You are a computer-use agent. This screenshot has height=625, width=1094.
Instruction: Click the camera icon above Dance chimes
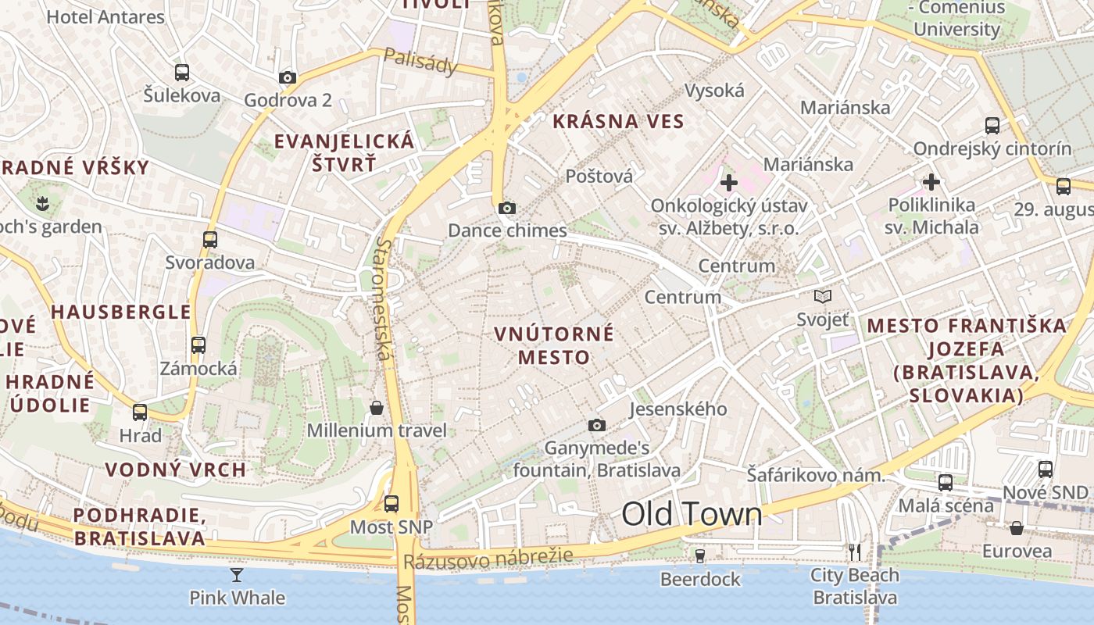point(507,208)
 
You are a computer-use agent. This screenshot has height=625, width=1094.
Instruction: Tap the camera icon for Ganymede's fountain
point(597,425)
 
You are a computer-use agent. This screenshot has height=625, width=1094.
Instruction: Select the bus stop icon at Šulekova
point(182,73)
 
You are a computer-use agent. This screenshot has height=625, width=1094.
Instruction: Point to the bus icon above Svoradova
point(210,240)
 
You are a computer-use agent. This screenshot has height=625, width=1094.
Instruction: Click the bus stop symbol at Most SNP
point(391,504)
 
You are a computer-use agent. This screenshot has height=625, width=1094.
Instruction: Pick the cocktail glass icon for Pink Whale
point(237,576)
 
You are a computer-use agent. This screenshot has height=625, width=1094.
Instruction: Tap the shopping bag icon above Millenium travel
point(377,408)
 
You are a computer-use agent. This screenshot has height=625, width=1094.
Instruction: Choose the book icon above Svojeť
point(822,297)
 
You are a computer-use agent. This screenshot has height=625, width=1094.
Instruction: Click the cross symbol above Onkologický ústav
point(728,183)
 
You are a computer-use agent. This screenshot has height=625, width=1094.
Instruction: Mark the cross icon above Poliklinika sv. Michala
point(931,182)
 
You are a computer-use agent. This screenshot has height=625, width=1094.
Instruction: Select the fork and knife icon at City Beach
point(855,552)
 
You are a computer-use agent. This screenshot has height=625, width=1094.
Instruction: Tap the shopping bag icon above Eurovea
point(1017,528)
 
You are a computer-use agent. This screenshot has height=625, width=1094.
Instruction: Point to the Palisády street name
point(420,62)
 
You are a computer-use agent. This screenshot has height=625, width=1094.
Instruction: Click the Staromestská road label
point(382,299)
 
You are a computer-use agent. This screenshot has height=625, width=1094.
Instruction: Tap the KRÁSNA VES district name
point(618,122)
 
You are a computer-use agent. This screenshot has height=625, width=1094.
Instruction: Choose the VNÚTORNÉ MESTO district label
point(554,345)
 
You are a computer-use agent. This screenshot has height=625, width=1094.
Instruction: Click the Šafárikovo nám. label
point(815,475)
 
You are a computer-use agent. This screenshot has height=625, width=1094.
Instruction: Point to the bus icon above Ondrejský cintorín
point(992,125)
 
